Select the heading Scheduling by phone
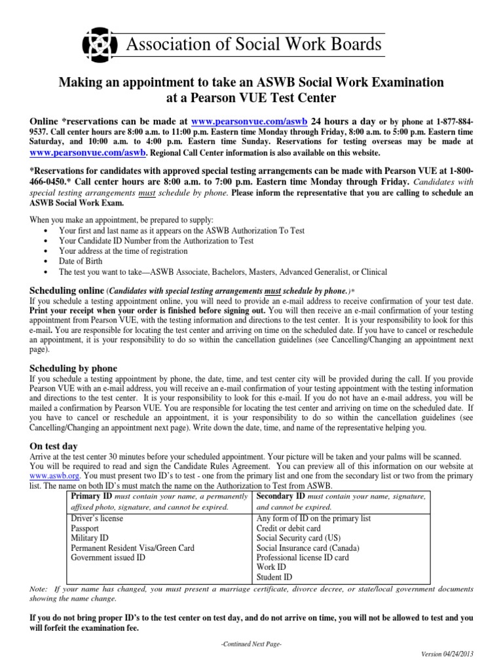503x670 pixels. tap(74, 368)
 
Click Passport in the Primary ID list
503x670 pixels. tap(84, 528)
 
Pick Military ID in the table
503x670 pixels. tap(88, 538)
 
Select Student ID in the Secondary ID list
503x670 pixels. tap(274, 577)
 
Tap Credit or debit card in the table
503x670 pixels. tap(289, 528)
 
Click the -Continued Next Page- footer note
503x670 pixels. tap(251, 644)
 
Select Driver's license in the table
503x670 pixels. tap(97, 518)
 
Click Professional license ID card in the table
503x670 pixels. tap(303, 557)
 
